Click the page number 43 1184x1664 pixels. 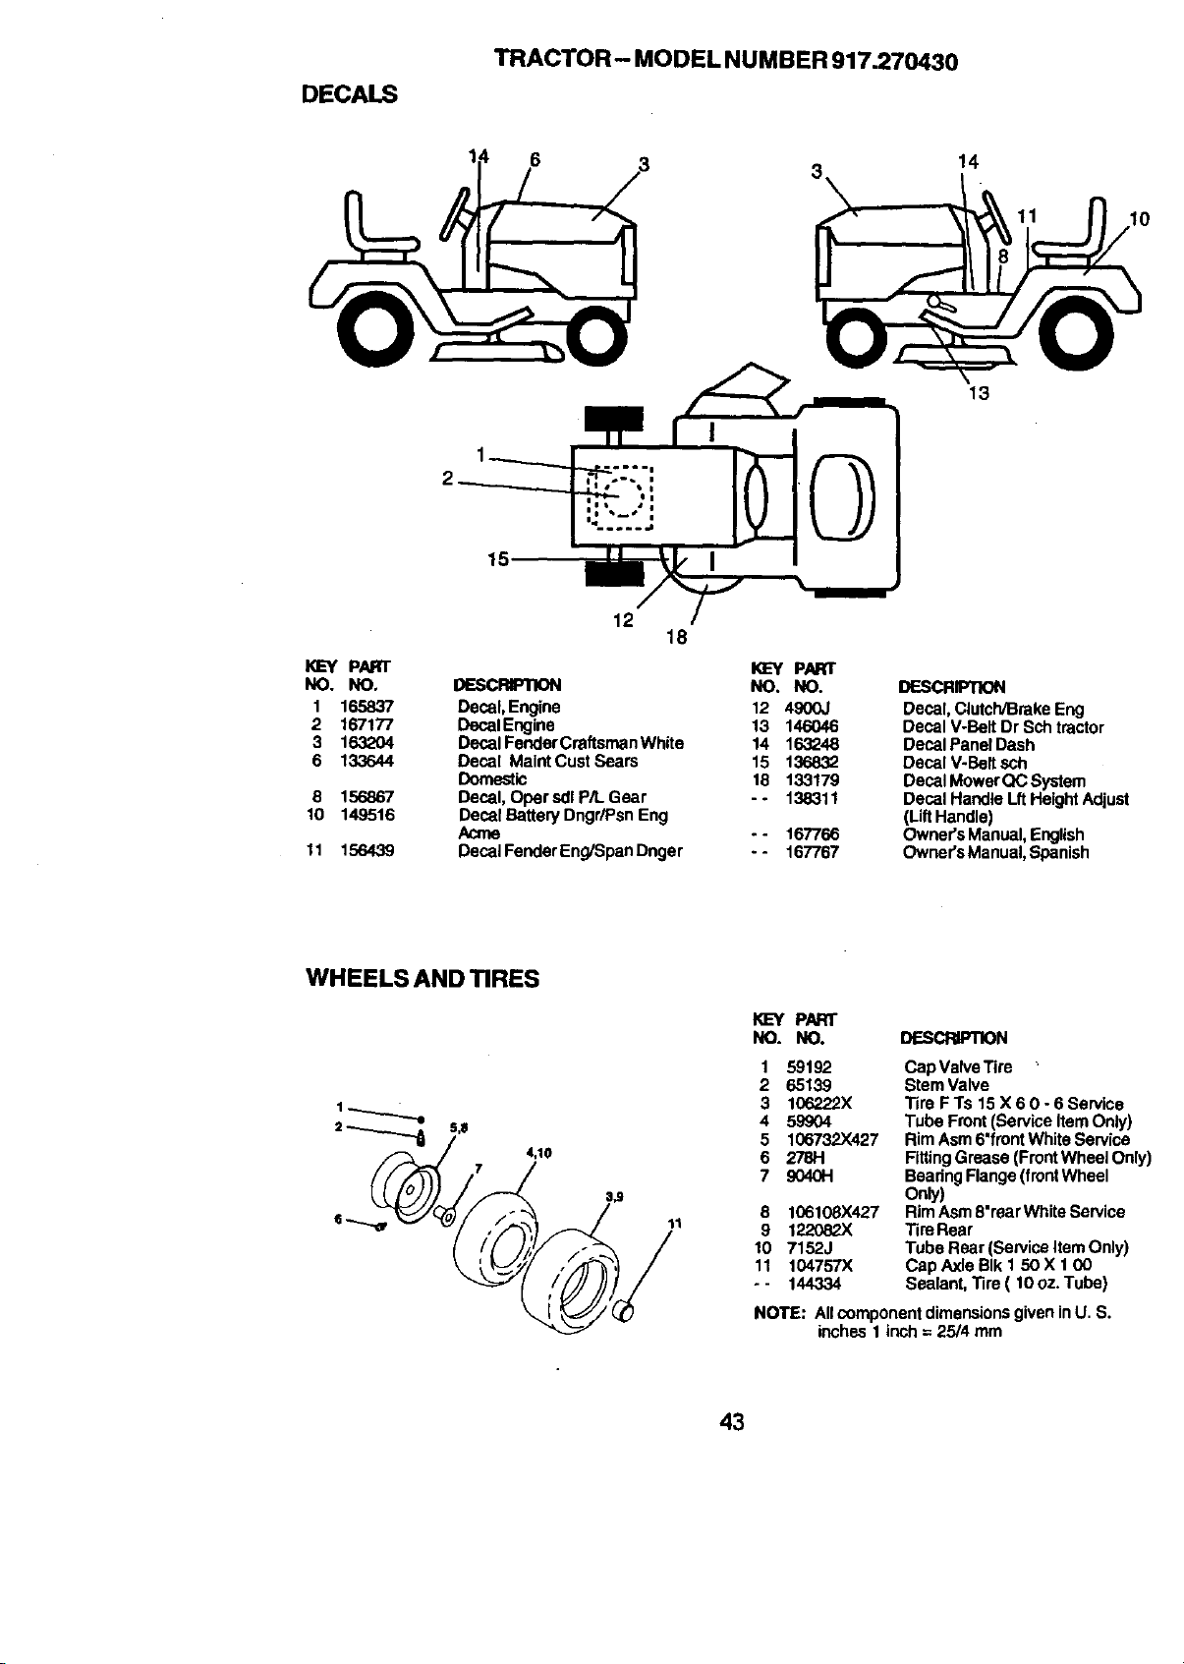click(732, 1422)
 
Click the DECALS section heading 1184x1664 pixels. click(349, 94)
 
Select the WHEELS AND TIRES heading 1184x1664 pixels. click(423, 978)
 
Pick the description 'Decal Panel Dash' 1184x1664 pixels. click(969, 744)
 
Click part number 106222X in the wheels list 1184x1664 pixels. click(819, 1103)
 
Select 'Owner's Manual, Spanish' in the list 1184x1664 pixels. click(995, 852)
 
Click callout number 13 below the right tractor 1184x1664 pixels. click(979, 393)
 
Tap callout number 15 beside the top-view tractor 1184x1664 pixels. click(497, 558)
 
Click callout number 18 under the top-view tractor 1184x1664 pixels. click(677, 637)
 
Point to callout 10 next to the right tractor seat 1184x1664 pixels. click(1139, 218)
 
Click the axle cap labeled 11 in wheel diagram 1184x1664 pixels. click(624, 1312)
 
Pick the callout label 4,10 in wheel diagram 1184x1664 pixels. click(538, 1153)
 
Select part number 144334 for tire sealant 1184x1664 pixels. click(815, 1284)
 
